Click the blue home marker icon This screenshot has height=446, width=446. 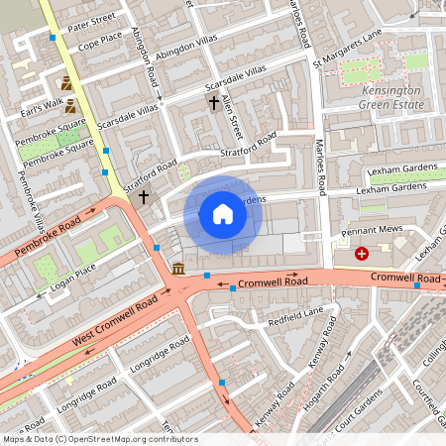(223, 214)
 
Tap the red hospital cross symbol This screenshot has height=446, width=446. (362, 254)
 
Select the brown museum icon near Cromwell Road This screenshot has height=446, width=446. (177, 269)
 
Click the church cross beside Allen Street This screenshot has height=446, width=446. (213, 102)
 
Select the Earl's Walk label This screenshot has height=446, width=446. (47, 104)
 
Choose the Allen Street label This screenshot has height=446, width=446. (235, 112)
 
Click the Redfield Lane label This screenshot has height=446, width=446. (293, 316)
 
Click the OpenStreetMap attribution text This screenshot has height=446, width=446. (99, 438)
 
